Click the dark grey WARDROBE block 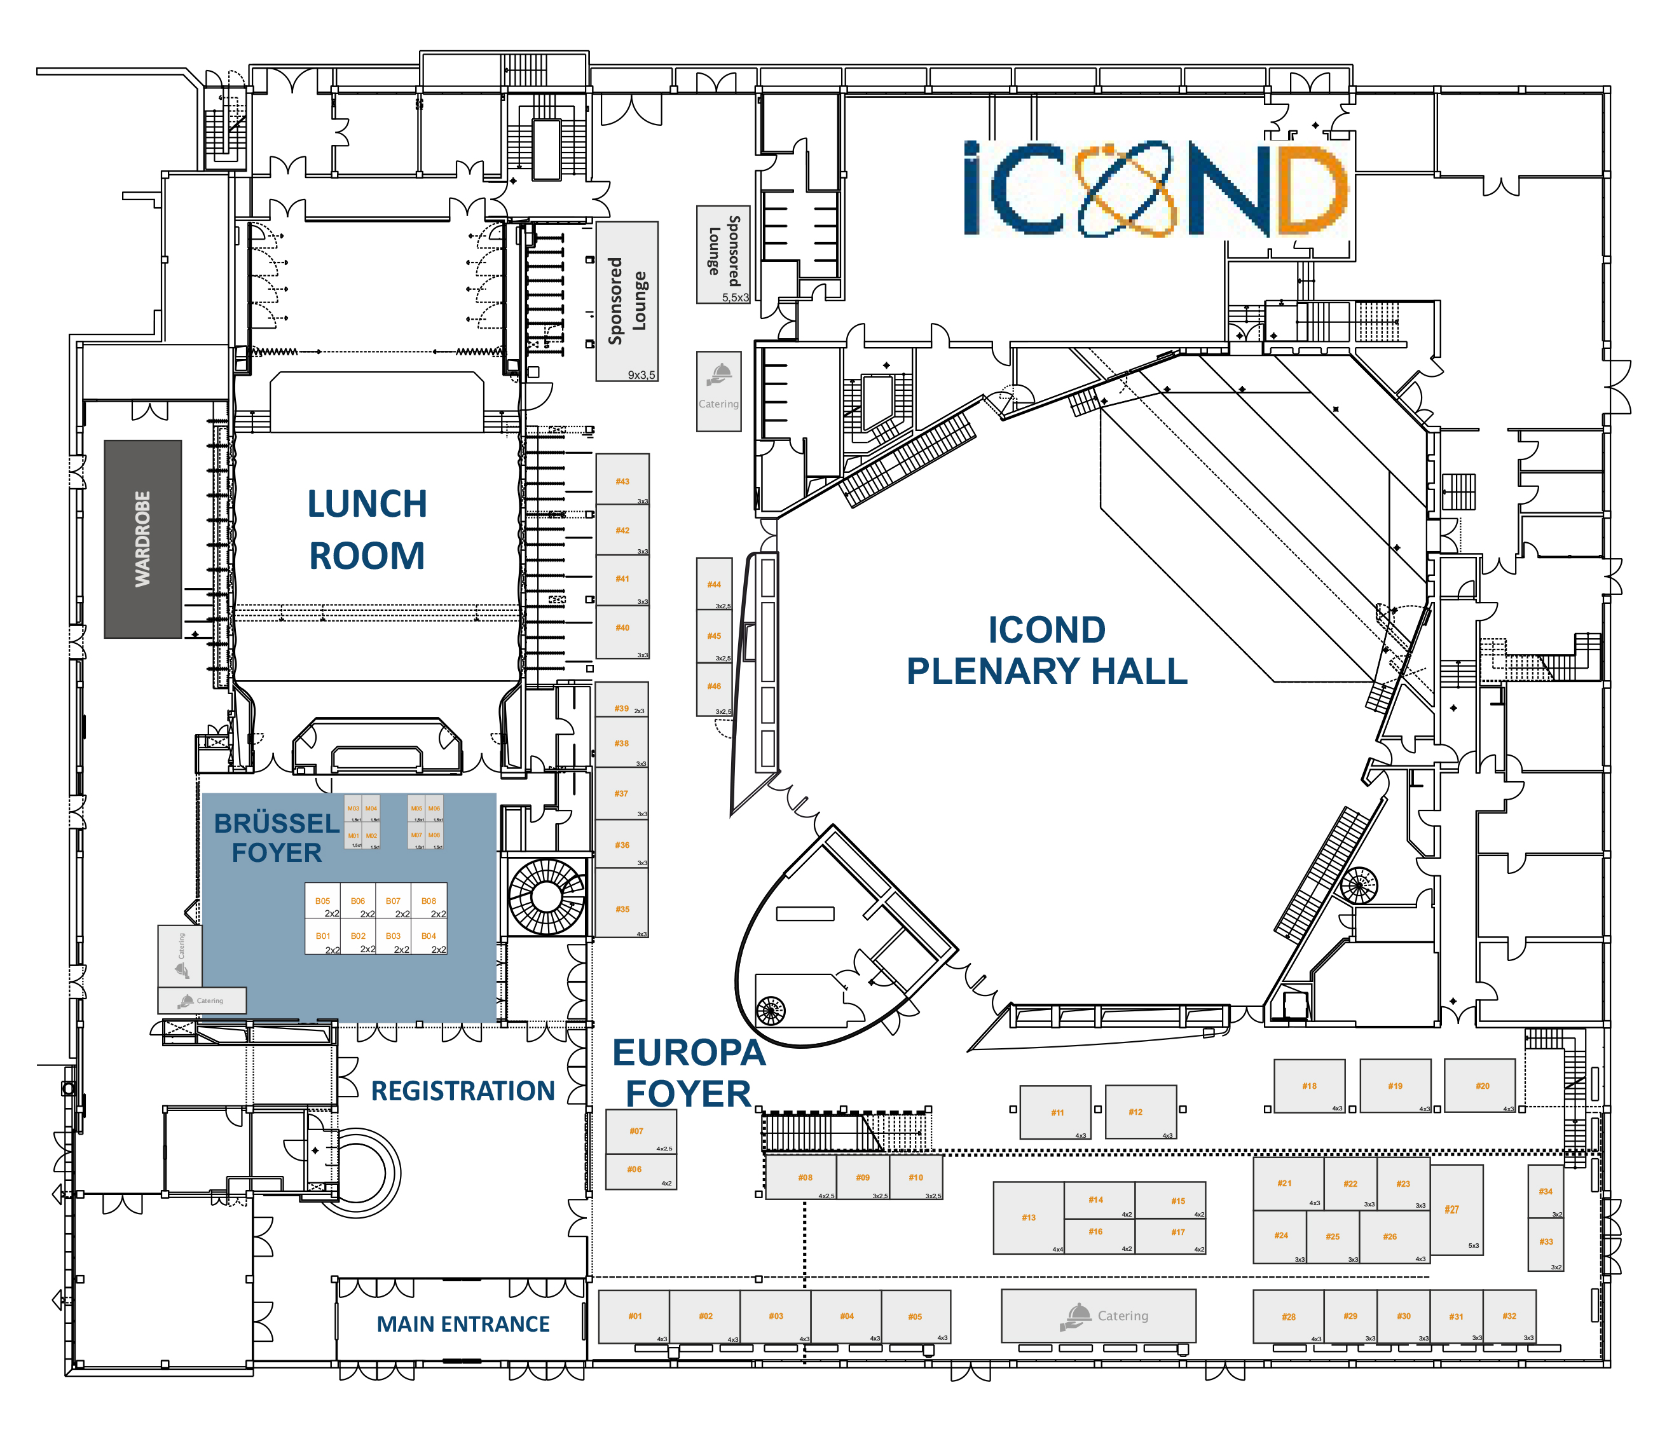coord(142,538)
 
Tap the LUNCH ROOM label coord(367,529)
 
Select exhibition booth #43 coord(622,479)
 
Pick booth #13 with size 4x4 coord(1029,1217)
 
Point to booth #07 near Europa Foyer coord(640,1132)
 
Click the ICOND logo coord(1155,189)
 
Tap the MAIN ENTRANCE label coord(463,1325)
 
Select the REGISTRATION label coord(463,1091)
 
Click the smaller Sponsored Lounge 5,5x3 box coord(723,254)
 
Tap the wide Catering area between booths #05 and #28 coord(1098,1316)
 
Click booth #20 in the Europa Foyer coord(1479,1085)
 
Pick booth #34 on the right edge coord(1545,1192)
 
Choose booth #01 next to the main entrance coord(634,1316)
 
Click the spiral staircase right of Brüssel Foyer coord(547,896)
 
